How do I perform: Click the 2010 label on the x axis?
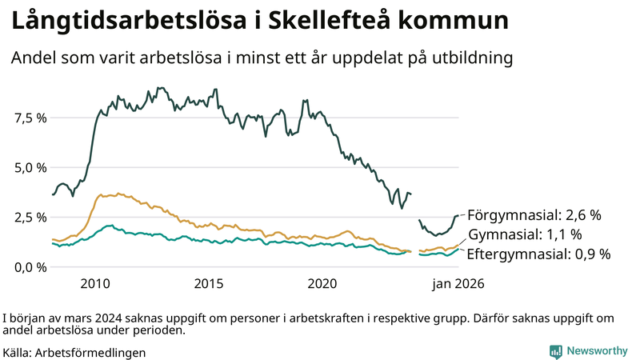tap(95, 283)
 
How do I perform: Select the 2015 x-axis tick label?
tap(209, 283)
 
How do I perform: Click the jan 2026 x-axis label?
tap(458, 283)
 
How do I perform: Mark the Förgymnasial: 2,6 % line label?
tap(534, 215)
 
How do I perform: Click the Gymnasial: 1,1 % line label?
tap(524, 234)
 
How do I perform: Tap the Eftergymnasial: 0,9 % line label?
tap(538, 254)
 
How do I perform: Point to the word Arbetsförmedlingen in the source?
tap(90, 352)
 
